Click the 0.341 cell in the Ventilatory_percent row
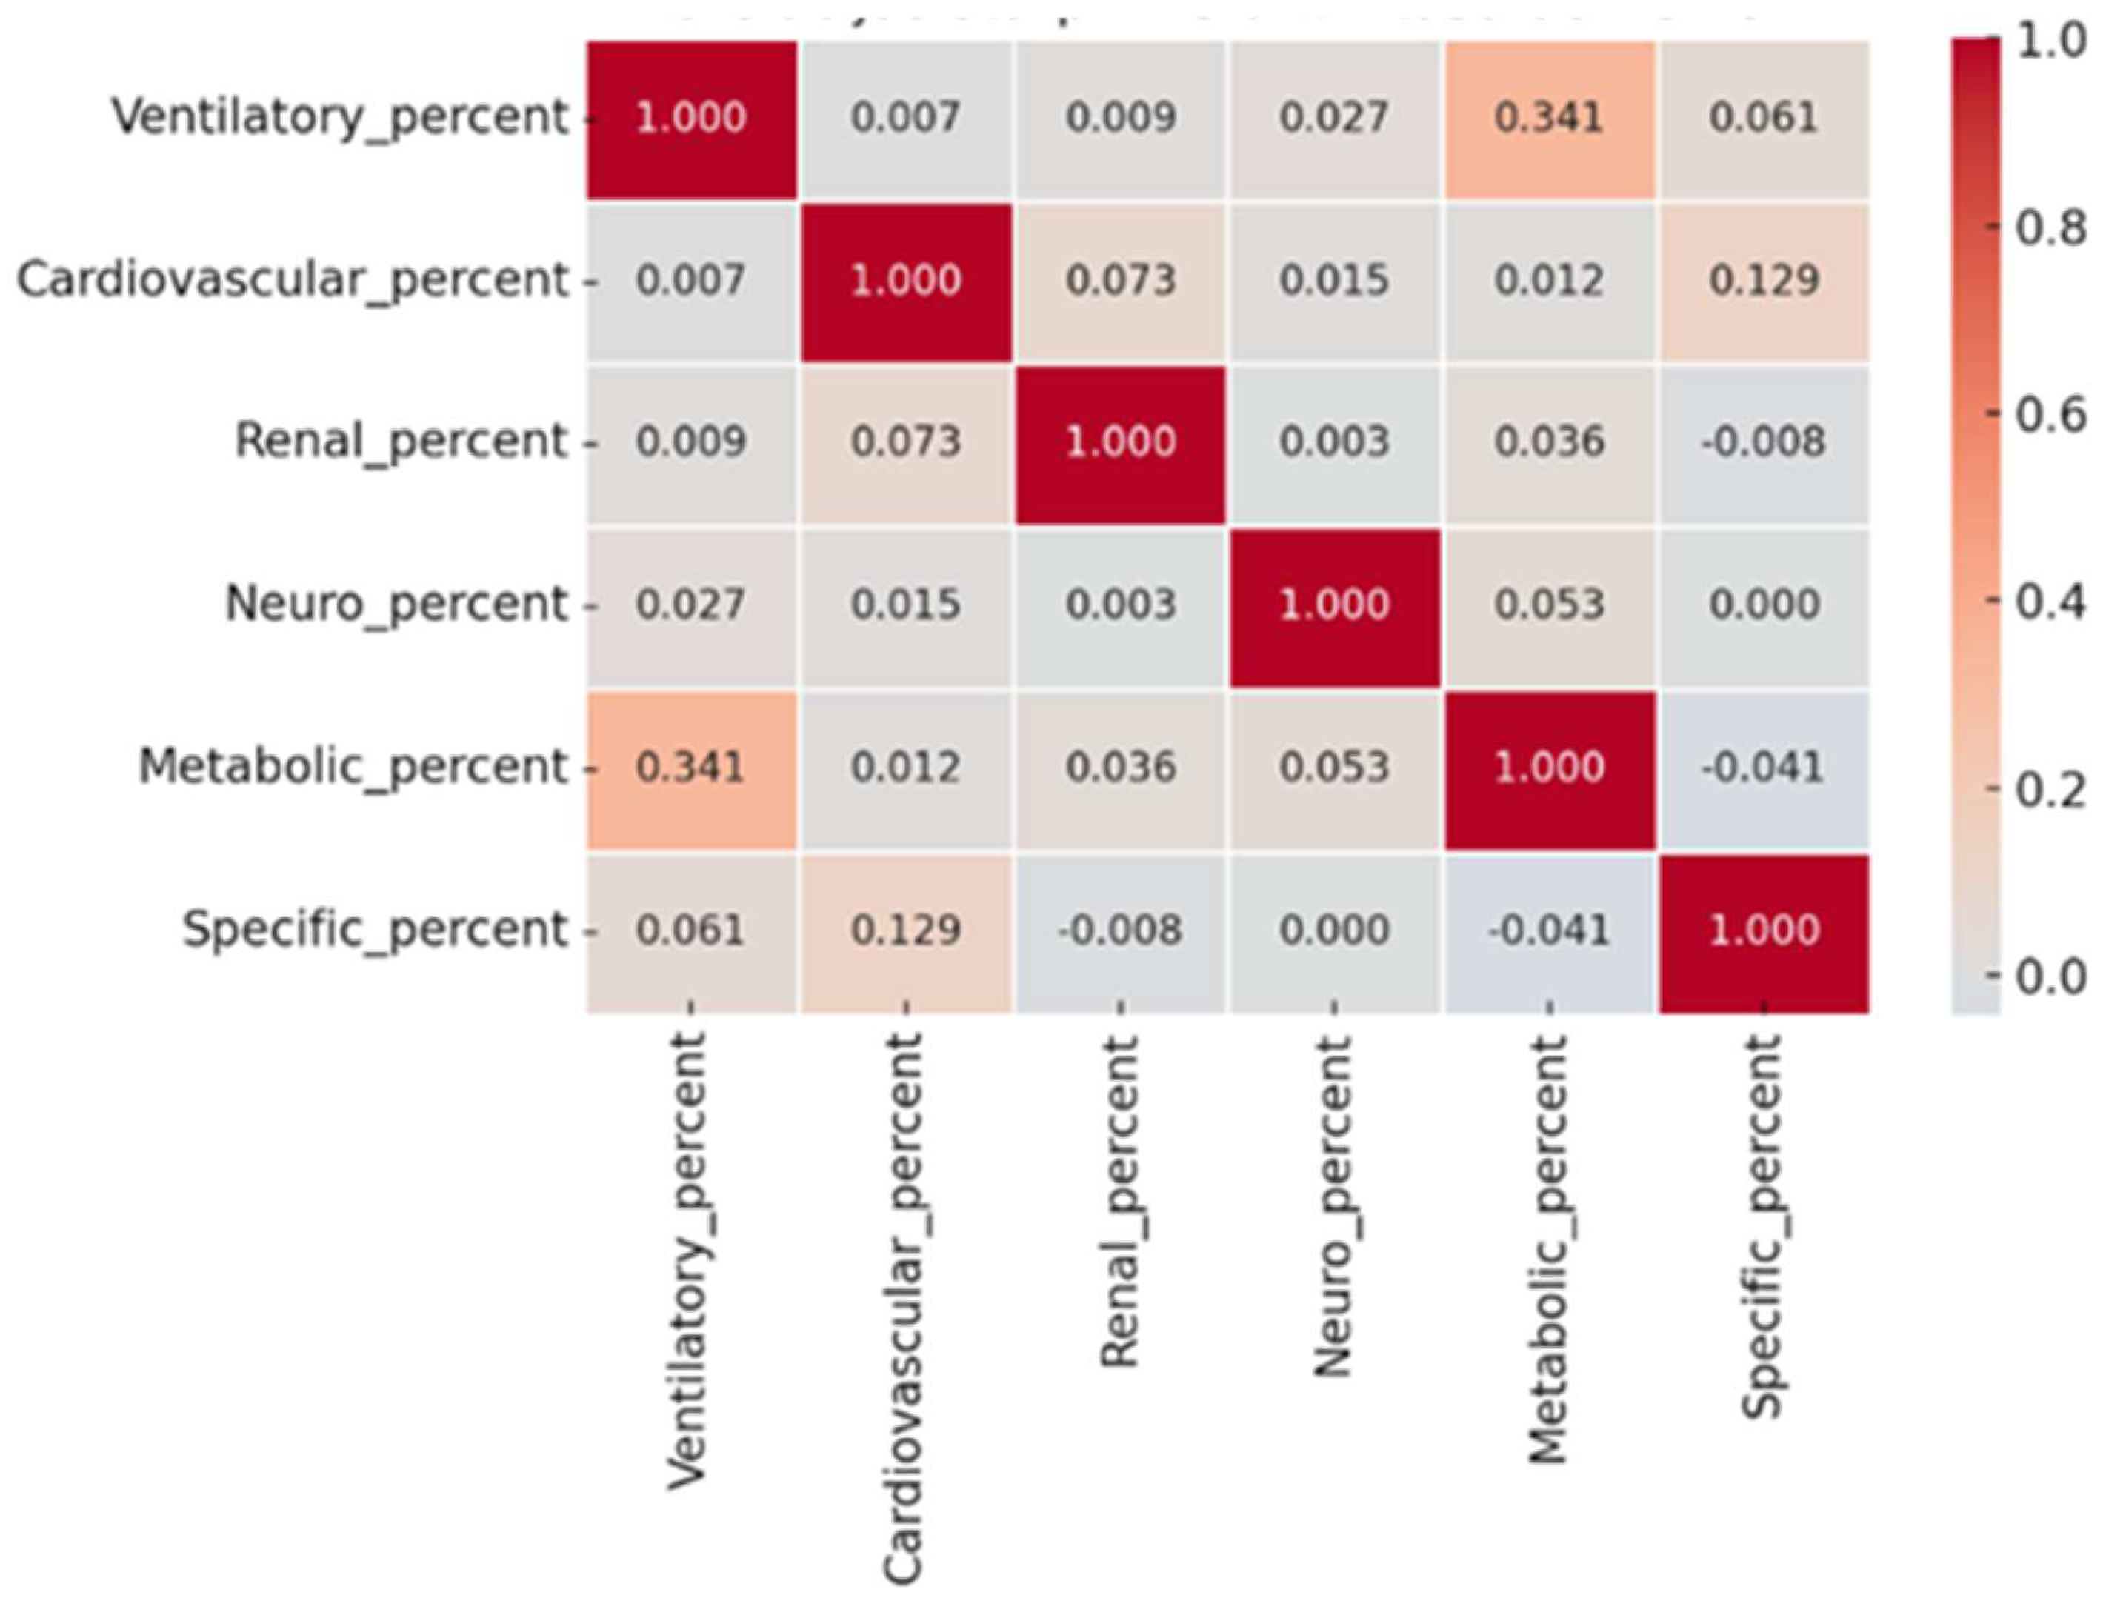[x=1548, y=118]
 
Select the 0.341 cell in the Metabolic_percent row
[x=691, y=768]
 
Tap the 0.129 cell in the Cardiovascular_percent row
[x=1763, y=280]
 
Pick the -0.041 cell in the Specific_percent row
[x=1548, y=930]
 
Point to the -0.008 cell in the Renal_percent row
[x=1763, y=442]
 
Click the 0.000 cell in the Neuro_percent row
[x=1763, y=605]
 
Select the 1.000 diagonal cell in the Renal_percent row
[x=1120, y=442]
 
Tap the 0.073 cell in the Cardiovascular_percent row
[x=1120, y=280]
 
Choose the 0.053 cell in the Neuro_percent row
[x=1548, y=605]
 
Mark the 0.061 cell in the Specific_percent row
[x=691, y=930]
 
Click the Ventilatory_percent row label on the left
[x=341, y=118]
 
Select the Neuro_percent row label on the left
[x=396, y=605]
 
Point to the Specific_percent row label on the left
[x=376, y=930]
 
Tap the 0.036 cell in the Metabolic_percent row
[x=1120, y=768]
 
